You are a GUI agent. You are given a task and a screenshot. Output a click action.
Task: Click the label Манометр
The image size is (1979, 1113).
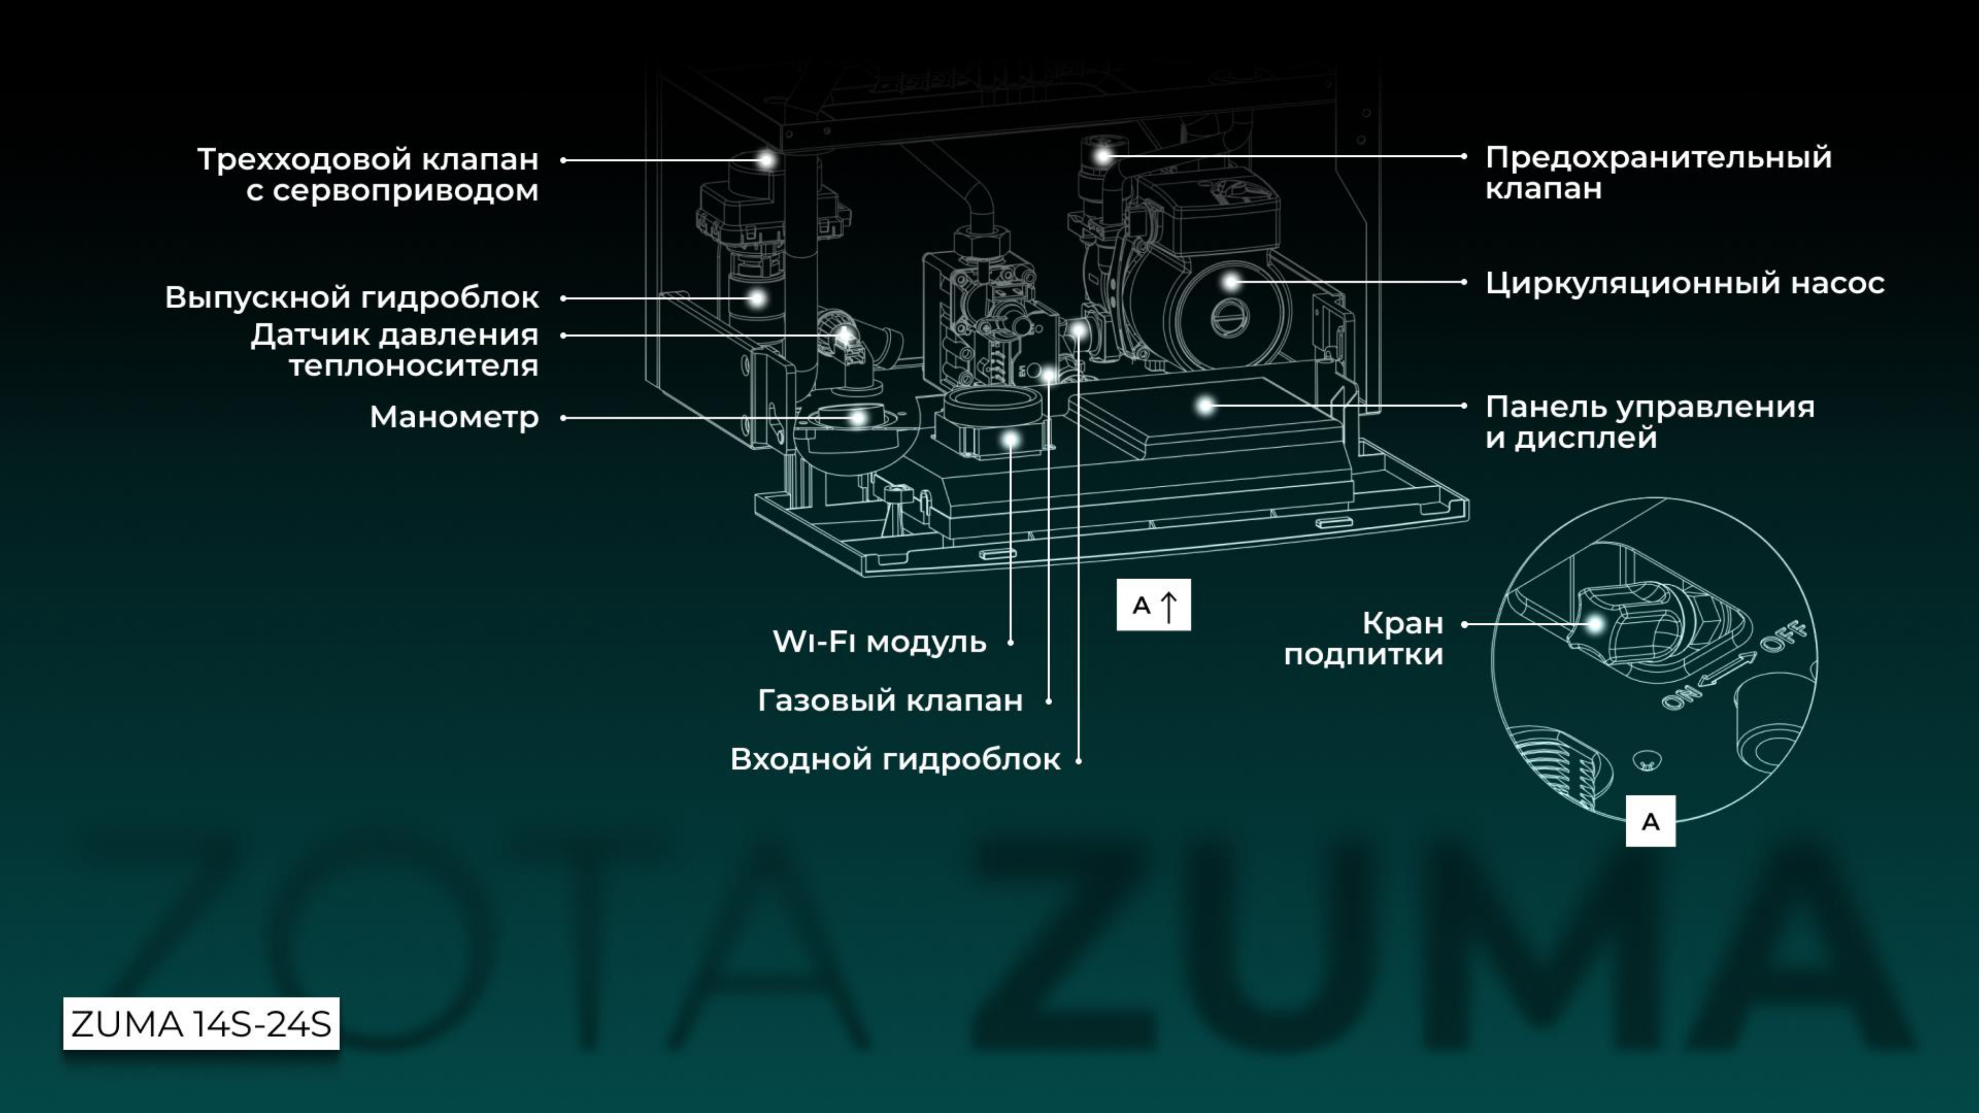[x=454, y=417]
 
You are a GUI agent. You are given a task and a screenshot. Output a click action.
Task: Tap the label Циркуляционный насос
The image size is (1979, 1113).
[x=1684, y=283]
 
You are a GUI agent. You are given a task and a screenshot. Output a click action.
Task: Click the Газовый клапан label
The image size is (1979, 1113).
[x=890, y=700]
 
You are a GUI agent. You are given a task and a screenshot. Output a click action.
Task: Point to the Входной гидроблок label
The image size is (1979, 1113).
[x=895, y=759]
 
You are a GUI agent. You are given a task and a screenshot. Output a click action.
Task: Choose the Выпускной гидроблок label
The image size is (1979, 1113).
[x=352, y=297]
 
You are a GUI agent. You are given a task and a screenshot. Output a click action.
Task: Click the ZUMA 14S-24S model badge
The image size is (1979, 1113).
[x=201, y=1024]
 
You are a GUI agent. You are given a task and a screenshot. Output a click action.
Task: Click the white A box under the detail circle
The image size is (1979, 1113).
[x=1650, y=821]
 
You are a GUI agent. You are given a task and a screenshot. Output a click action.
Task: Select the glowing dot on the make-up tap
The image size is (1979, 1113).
[x=1595, y=624]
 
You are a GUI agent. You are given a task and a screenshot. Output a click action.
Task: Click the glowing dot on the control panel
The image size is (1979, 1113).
[x=1206, y=405]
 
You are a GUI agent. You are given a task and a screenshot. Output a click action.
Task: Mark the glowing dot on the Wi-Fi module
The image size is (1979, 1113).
[x=1011, y=439]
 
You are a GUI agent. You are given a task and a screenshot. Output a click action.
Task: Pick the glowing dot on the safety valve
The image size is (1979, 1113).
[x=1103, y=156]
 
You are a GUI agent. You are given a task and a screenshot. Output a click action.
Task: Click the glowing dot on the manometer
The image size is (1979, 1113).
[x=858, y=418]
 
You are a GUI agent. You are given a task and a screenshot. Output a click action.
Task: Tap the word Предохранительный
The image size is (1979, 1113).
[x=1658, y=157]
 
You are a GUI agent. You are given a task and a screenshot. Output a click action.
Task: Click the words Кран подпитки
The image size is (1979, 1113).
[x=1364, y=638]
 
